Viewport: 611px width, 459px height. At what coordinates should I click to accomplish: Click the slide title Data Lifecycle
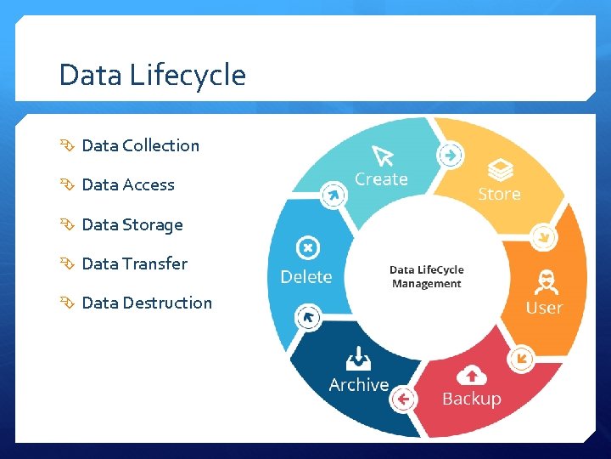152,76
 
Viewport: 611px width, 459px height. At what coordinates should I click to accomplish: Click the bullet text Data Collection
140,145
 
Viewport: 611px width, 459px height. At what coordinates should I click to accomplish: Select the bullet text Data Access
128,184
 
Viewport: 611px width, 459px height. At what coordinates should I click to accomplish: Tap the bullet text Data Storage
132,224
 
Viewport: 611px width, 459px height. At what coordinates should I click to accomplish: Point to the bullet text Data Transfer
134,263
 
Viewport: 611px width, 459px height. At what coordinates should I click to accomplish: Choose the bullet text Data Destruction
147,303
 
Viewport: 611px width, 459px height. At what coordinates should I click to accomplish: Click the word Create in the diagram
381,179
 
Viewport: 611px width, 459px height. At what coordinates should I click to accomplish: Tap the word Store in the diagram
499,194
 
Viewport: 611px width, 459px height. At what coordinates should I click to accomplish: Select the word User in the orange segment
544,308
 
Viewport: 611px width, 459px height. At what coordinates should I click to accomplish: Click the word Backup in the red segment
471,399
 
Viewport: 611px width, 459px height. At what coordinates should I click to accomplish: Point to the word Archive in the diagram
359,385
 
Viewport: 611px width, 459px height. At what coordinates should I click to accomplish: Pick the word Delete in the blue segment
306,277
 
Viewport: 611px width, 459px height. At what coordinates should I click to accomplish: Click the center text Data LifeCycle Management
427,277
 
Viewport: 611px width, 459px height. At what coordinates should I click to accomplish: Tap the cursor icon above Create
383,156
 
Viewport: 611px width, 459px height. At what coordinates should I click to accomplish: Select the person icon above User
545,281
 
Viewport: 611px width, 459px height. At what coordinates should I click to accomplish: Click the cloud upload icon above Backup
471,374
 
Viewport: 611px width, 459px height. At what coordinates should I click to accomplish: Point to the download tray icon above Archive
359,357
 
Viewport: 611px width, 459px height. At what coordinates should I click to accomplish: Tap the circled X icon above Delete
306,248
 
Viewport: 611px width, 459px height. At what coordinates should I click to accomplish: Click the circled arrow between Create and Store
451,155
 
